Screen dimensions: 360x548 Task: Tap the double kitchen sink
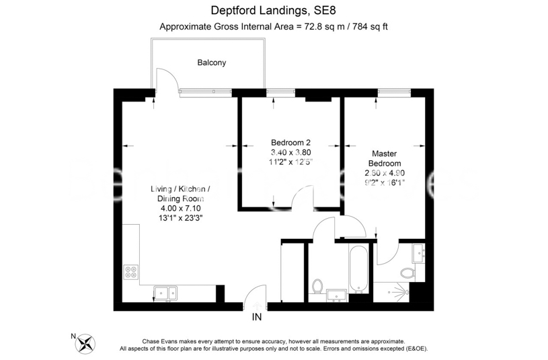[165, 292]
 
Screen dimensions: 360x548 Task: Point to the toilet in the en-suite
[405, 273]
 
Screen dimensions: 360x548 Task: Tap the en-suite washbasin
[419, 253]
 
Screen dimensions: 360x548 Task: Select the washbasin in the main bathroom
[335, 294]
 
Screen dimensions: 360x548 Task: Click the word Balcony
[211, 63]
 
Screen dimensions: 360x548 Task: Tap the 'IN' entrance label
[256, 318]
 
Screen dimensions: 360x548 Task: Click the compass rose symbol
[86, 344]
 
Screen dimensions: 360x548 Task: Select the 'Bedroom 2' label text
[290, 143]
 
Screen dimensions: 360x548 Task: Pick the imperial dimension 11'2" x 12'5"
[291, 162]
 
